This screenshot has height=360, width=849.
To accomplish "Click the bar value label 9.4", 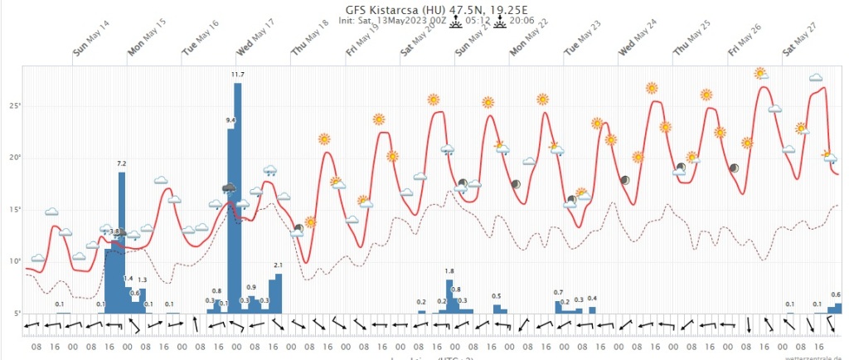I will point(231,121).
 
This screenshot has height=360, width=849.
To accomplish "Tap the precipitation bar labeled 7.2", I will point(122,241).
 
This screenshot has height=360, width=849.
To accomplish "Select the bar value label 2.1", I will point(279,265).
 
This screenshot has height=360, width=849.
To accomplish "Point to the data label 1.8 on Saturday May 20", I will point(449,271).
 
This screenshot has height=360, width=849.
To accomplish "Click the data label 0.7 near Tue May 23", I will point(558,293).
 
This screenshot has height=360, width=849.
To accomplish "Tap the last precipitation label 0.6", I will point(837,295).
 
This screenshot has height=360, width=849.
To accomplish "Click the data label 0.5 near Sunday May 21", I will point(497,296).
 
